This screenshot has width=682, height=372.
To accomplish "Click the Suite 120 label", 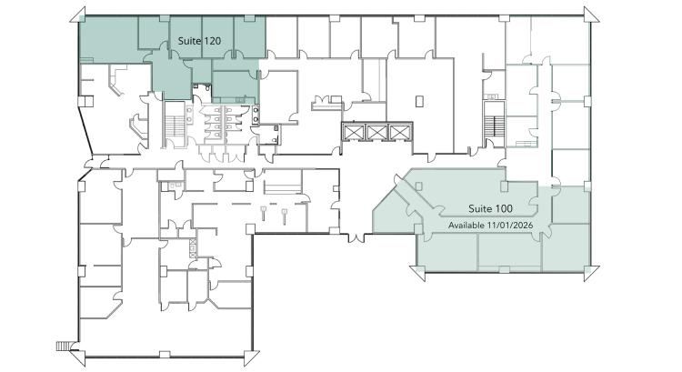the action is tap(199, 41).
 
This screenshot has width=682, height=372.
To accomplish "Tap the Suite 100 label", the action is tap(490, 209).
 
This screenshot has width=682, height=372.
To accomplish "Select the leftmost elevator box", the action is tap(353, 132).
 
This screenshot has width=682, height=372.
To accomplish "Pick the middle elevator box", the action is tap(376, 132).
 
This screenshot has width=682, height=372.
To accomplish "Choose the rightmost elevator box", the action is tap(400, 132).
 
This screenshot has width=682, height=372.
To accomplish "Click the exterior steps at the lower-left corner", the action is tap(63, 346).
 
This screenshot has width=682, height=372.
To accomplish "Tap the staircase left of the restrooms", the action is tap(176, 126).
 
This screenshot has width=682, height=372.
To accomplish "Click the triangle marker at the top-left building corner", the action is tap(78, 15).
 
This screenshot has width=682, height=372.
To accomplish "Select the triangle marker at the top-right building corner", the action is tap(591, 15).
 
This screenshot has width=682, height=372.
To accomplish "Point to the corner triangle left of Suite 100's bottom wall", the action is tap(417, 273).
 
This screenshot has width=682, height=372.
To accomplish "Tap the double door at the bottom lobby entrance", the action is tap(356, 238).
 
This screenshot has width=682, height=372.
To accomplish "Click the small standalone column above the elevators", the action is tap(419, 101).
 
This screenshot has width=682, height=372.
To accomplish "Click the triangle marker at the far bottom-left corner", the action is tap(78, 357).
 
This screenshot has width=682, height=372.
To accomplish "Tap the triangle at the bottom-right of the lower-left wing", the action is tap(251, 357).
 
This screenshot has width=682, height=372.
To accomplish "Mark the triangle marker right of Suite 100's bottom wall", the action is tap(591, 273).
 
